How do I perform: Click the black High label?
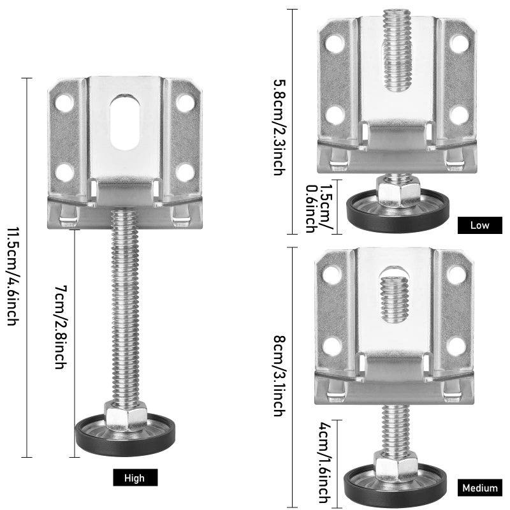pyautogui.click(x=135, y=477)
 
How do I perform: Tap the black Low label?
pyautogui.click(x=480, y=225)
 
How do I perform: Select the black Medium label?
pyautogui.click(x=480, y=488)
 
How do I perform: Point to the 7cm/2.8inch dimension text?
pyautogui.click(x=61, y=327)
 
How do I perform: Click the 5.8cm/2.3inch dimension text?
pyautogui.click(x=279, y=127)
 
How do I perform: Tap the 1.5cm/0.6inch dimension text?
pyautogui.click(x=318, y=208)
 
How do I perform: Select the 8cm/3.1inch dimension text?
pyautogui.click(x=279, y=375)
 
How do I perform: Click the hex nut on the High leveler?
pyautogui.click(x=126, y=416)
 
